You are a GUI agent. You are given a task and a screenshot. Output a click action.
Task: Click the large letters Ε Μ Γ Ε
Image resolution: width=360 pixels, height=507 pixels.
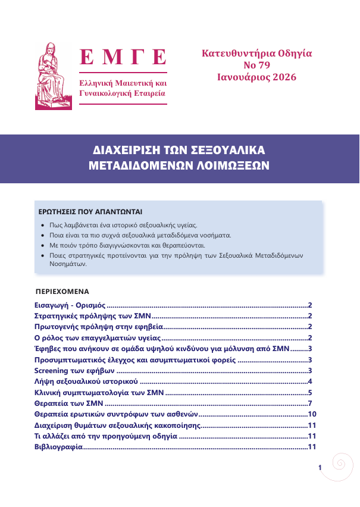123,58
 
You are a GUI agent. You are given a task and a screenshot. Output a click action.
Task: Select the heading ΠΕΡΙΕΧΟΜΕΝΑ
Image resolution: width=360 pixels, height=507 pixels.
62,292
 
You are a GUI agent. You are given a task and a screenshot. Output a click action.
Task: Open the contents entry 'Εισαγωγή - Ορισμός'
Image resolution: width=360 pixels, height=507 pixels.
69,305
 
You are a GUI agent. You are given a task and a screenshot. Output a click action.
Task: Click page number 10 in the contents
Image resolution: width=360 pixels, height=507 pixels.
311,414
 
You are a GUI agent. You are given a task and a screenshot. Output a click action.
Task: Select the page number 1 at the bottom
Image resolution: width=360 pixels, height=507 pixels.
320,468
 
